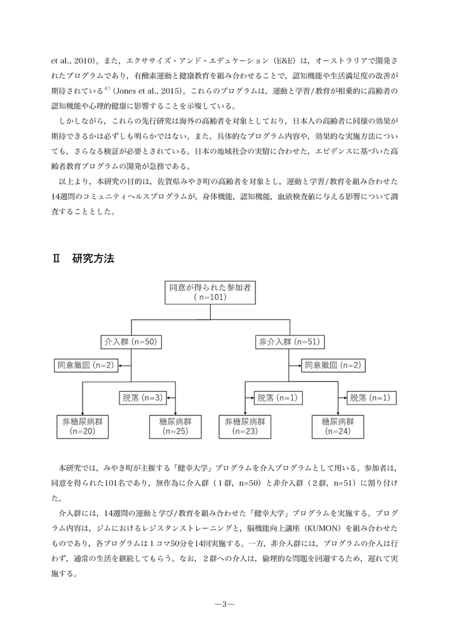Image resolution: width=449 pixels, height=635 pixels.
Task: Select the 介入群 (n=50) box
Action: point(130,342)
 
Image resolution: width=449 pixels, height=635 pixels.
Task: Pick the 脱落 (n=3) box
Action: point(142,398)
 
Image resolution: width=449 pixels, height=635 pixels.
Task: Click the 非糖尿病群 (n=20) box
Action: point(83,425)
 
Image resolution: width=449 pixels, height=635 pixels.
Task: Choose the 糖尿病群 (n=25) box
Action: point(175,425)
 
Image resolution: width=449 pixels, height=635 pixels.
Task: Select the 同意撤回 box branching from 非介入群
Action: point(332,365)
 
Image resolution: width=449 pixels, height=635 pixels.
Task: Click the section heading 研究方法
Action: point(93,258)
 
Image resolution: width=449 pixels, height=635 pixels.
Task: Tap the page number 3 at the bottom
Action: point(224,603)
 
